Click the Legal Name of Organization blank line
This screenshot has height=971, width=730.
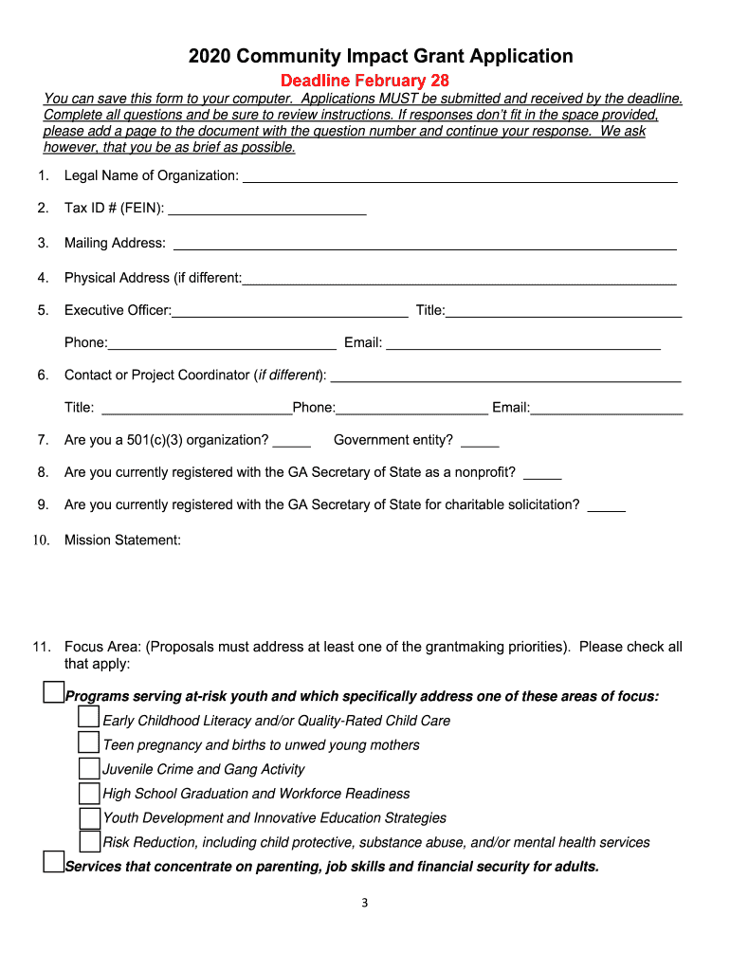pyautogui.click(x=460, y=176)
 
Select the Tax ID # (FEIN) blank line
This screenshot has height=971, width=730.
pyautogui.click(x=266, y=211)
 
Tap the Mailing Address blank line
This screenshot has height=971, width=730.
pyautogui.click(x=424, y=245)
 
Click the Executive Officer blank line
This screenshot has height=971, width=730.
pyautogui.click(x=289, y=312)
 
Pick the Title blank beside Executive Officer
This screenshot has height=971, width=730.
pyautogui.click(x=564, y=312)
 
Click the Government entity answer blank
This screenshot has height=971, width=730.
pyautogui.click(x=480, y=442)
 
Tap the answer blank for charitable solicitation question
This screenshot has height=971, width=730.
pyautogui.click(x=606, y=506)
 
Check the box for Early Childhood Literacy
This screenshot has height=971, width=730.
pyautogui.click(x=89, y=718)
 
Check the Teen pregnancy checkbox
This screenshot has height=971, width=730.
pyautogui.click(x=89, y=742)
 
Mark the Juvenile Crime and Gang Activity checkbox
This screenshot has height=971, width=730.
pyautogui.click(x=89, y=767)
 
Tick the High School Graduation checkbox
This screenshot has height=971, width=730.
pyautogui.click(x=89, y=792)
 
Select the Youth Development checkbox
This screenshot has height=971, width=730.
pyautogui.click(x=89, y=816)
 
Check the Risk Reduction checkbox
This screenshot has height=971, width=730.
pyautogui.click(x=89, y=841)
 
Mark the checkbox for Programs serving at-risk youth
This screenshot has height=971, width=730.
pyautogui.click(x=54, y=693)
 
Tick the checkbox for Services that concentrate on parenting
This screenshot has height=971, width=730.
pyautogui.click(x=54, y=863)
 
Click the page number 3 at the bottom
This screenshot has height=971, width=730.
pyautogui.click(x=364, y=903)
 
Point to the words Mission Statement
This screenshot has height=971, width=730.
pyautogui.click(x=121, y=540)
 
